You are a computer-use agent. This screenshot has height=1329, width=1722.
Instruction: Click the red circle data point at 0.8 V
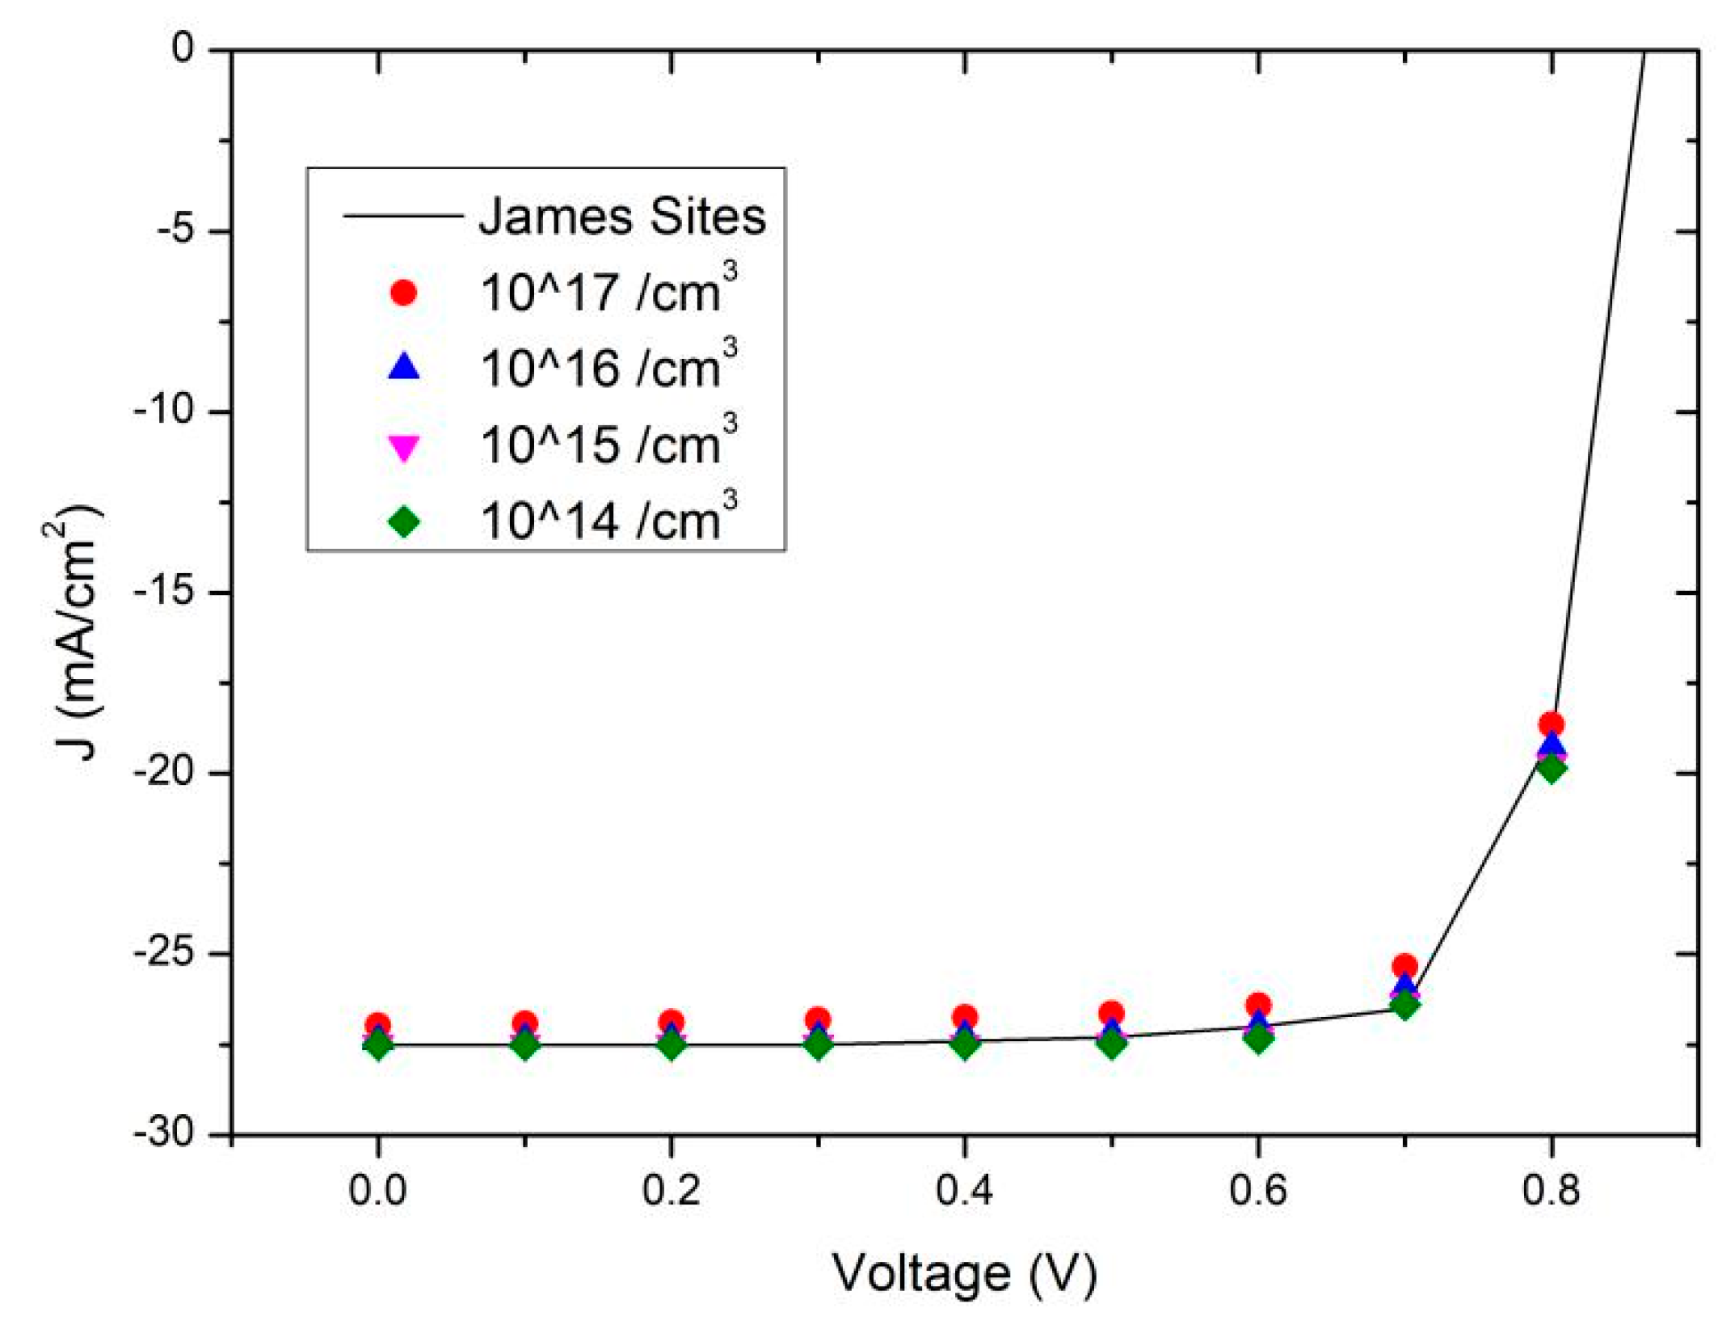[1551, 724]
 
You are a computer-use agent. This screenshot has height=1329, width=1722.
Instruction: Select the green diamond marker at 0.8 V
[1551, 767]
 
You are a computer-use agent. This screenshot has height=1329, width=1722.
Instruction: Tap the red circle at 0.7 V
[1404, 965]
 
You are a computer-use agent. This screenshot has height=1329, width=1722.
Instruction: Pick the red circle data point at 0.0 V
[378, 1024]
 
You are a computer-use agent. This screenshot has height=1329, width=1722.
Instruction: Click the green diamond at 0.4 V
[965, 1044]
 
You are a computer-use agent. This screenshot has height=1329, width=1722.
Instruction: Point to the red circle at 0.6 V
[1258, 1005]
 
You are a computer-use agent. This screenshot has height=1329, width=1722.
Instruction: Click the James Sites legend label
[621, 217]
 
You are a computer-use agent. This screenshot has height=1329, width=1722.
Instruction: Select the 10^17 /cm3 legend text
[608, 291]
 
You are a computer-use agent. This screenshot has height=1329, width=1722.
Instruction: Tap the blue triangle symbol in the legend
[404, 367]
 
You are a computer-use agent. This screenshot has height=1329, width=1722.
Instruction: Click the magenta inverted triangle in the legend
[404, 447]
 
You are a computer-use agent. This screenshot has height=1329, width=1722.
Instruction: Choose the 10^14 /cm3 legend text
[608, 519]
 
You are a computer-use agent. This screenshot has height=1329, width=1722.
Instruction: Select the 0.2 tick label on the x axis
[671, 1191]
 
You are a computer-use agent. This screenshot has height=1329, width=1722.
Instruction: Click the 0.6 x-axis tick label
[1257, 1191]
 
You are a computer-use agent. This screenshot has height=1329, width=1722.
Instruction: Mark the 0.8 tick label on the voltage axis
[1550, 1191]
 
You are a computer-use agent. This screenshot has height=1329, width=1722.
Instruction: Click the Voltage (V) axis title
[965, 1274]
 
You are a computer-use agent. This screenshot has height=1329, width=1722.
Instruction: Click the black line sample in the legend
[402, 216]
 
